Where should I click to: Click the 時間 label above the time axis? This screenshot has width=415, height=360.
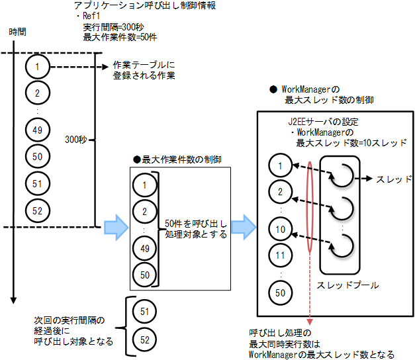[x=17, y=32]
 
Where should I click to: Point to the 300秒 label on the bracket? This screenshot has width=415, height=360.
[x=76, y=140]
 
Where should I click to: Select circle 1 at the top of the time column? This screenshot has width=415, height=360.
[x=38, y=67]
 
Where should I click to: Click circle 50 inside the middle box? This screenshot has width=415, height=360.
[x=144, y=273]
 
